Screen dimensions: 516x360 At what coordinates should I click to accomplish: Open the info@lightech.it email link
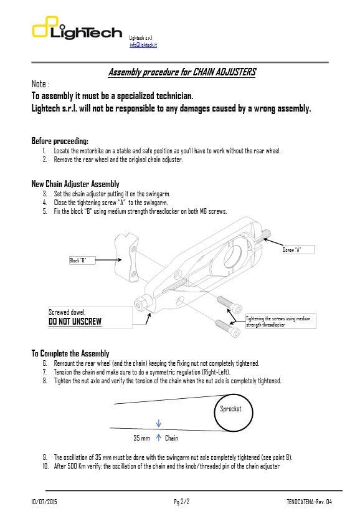[143, 45]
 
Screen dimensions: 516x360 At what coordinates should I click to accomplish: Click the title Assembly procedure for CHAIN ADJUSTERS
[182, 72]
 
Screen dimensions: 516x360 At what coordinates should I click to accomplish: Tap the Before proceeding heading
[60, 140]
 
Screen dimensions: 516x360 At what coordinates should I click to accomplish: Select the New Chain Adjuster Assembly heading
[75, 184]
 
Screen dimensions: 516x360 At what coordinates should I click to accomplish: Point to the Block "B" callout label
[81, 260]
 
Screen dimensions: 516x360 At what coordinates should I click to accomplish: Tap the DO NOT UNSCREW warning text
[75, 322]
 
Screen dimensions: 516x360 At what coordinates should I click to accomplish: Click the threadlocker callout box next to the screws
[278, 321]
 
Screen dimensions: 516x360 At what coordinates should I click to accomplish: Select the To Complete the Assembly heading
[70, 353]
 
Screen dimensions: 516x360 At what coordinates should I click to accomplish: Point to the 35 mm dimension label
[141, 438]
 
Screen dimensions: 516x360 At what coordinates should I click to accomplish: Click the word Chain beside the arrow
[171, 438]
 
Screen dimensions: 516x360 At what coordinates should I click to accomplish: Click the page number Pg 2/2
[182, 502]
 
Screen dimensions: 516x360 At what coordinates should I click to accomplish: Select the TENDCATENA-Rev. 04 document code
[305, 502]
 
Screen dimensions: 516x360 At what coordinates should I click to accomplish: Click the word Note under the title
[40, 84]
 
